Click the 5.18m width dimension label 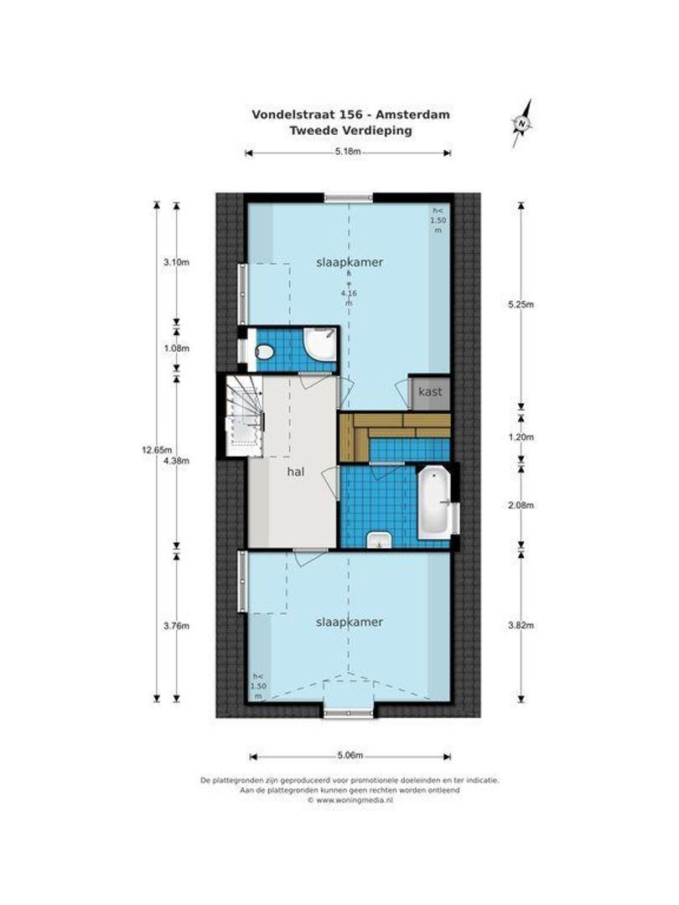tap(347, 153)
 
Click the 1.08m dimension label tap(177, 348)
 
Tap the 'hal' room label tap(294, 472)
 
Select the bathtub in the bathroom tap(433, 503)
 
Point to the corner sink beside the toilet tap(319, 342)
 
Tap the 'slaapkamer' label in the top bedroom tap(350, 262)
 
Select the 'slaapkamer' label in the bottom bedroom tap(350, 622)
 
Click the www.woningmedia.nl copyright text tap(350, 800)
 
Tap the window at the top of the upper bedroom tap(349, 199)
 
